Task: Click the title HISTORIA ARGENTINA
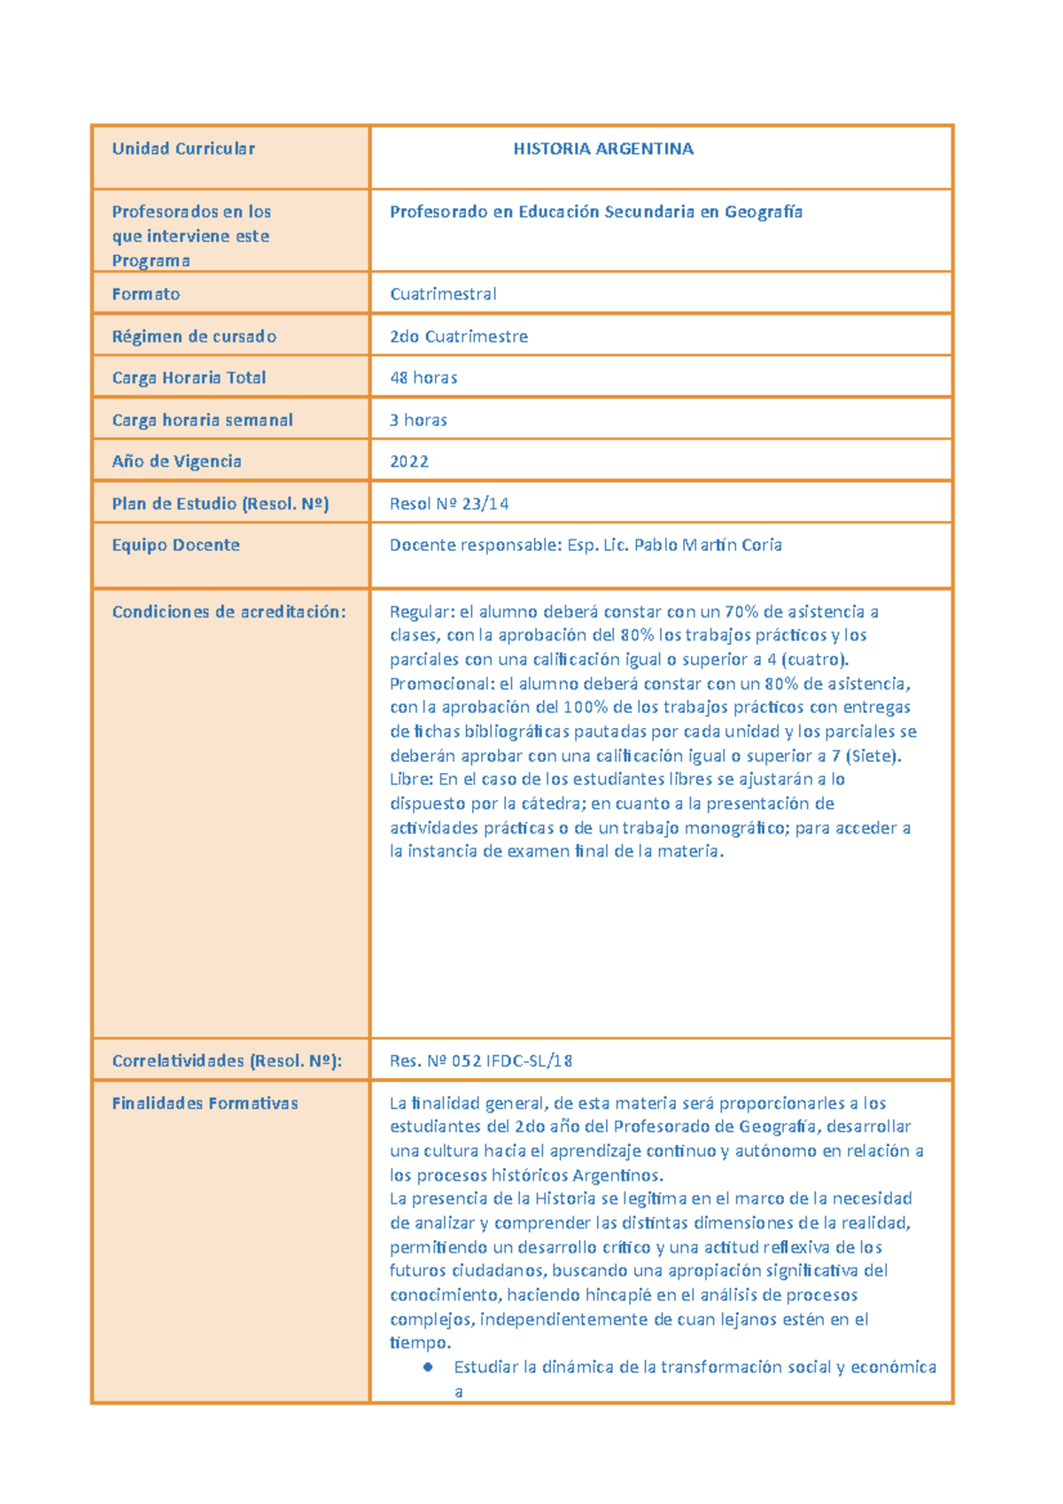tap(603, 149)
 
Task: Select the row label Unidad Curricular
tap(183, 149)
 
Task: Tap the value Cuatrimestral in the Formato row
tap(443, 294)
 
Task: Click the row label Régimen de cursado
tap(194, 337)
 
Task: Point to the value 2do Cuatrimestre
tap(459, 337)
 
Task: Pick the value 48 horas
tap(423, 377)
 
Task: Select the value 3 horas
tap(418, 420)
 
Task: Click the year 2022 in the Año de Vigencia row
tap(409, 461)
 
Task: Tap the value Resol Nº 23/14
tap(449, 504)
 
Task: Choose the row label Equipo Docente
tap(175, 545)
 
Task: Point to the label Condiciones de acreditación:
tap(229, 611)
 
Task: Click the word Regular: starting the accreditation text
tap(422, 611)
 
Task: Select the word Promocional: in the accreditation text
tap(442, 684)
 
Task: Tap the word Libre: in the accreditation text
tap(412, 779)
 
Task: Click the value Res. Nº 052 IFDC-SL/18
tap(481, 1060)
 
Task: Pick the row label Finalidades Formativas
tap(205, 1103)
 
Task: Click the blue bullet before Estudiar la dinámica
tap(429, 1367)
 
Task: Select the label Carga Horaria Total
tap(189, 377)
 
